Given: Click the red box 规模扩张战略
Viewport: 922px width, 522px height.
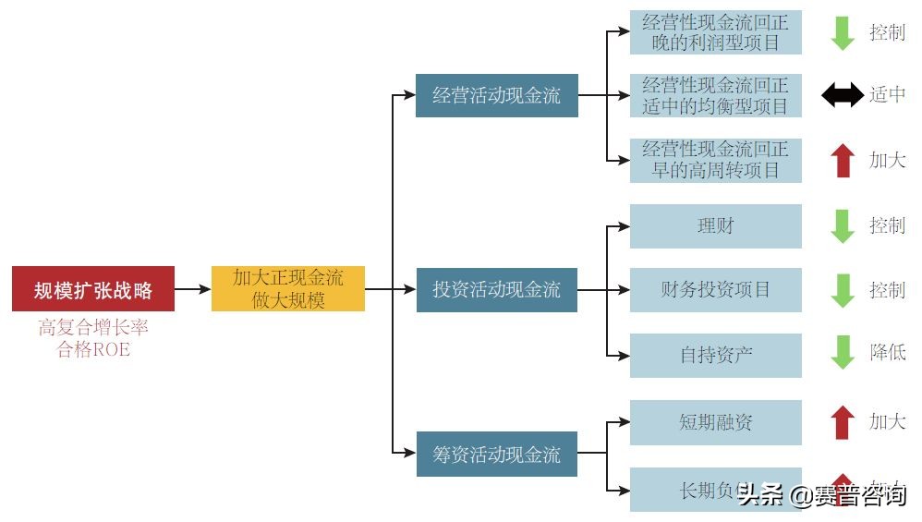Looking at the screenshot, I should tap(93, 289).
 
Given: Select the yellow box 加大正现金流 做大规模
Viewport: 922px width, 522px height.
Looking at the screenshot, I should tap(288, 289).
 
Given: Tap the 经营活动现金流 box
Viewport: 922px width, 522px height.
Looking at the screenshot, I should tap(497, 95).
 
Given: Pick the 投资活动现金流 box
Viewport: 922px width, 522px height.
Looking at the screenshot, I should tap(497, 289).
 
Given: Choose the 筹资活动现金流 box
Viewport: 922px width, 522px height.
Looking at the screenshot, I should tap(497, 454).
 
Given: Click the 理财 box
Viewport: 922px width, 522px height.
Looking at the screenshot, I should tap(715, 225).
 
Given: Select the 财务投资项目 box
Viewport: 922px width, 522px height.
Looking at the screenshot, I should tap(715, 289).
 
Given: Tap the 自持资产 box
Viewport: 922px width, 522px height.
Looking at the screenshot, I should tap(715, 355).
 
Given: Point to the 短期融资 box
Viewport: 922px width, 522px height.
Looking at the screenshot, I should tap(715, 422).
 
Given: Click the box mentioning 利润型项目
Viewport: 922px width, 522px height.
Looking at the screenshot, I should tap(715, 31).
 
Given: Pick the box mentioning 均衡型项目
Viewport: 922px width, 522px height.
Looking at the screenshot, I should tap(715, 95).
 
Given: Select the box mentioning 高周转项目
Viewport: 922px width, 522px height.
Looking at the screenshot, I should tap(715, 160).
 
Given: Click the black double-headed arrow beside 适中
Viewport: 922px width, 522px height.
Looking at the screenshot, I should tap(842, 95).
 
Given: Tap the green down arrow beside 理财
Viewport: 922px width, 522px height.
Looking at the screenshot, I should tap(842, 225).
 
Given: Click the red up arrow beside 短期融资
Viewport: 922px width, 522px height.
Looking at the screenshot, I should tap(842, 422).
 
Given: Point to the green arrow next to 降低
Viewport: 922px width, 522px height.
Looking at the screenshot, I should tap(842, 352).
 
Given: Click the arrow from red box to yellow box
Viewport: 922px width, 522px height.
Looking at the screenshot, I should tap(192, 289).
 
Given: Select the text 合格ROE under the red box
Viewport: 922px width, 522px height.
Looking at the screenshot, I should tap(93, 349).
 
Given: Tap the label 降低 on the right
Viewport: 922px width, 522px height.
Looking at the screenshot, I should tap(887, 352).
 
